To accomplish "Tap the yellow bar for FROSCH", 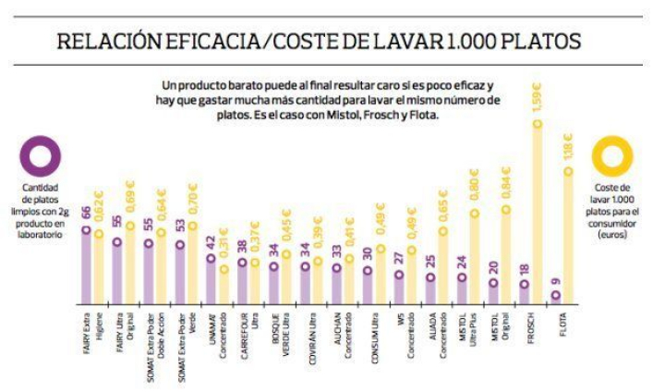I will click(538, 213).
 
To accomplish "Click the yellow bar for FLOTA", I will click(568, 236).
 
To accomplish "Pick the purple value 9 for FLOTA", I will click(555, 281).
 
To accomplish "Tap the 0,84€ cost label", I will click(507, 181).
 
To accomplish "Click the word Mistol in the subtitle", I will click(333, 115).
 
